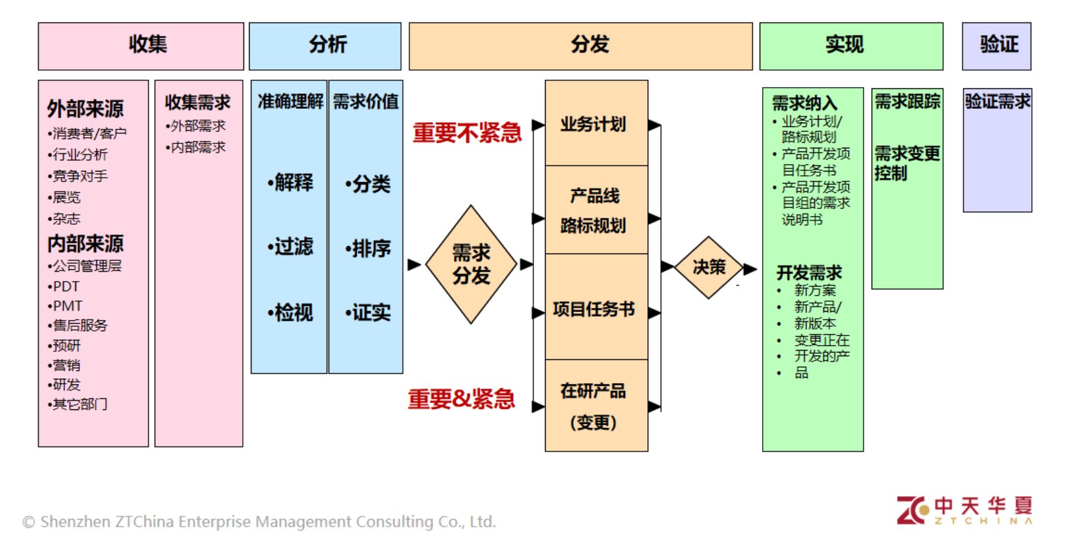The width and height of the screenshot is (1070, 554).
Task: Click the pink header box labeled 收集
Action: click(x=141, y=46)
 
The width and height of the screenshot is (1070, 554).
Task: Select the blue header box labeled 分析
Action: click(x=325, y=46)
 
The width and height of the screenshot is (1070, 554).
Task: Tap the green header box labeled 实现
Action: click(x=851, y=46)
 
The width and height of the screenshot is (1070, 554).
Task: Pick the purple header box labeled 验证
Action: click(x=996, y=46)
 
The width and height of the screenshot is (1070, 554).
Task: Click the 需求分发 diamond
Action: click(x=471, y=264)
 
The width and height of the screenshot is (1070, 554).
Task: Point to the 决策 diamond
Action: click(x=708, y=267)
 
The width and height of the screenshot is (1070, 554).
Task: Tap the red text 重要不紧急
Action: click(x=467, y=133)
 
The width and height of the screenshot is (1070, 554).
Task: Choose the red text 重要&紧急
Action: click(x=462, y=399)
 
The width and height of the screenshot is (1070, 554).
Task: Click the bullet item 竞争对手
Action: click(x=78, y=176)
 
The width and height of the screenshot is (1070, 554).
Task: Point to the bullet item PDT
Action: click(x=65, y=287)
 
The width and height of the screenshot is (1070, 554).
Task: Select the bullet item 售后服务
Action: click(x=78, y=326)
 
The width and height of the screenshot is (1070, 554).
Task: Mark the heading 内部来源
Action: click(x=86, y=244)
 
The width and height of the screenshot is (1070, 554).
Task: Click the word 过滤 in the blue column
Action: click(x=291, y=247)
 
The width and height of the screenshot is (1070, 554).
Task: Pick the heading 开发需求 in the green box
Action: click(x=809, y=273)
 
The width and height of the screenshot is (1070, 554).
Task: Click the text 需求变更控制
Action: click(x=906, y=163)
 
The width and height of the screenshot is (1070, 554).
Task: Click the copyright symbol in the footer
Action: click(x=29, y=522)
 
